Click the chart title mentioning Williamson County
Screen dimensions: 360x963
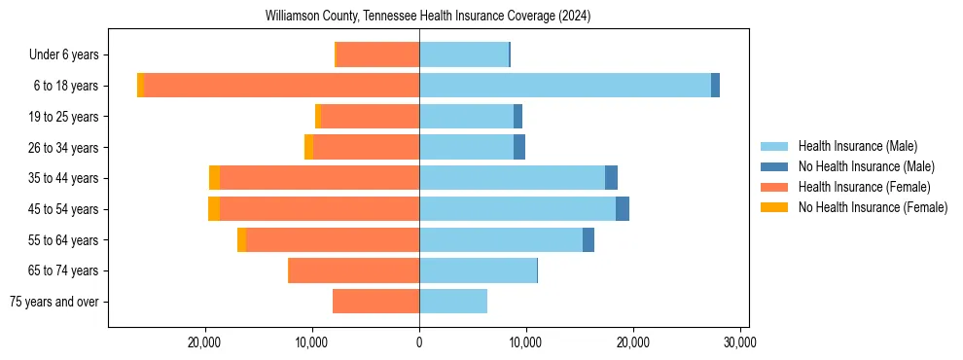(428, 17)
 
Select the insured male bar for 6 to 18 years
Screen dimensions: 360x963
(564, 86)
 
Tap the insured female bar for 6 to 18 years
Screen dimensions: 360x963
(282, 86)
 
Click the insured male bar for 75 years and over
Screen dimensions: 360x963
(453, 302)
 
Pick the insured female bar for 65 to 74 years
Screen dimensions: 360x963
(354, 270)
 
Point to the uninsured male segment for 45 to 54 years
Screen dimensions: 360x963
(623, 209)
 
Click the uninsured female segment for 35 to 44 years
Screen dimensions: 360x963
(214, 178)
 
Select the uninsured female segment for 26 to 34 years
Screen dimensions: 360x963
(308, 147)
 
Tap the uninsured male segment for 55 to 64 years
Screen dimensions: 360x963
(588, 239)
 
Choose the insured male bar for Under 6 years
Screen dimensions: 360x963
(464, 54)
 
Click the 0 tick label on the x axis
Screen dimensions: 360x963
(419, 342)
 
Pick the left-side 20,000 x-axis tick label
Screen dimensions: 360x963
(205, 342)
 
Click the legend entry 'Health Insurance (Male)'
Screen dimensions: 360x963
(857, 147)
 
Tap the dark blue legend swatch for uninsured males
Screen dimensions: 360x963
(774, 166)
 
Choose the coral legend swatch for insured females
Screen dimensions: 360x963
(774, 187)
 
